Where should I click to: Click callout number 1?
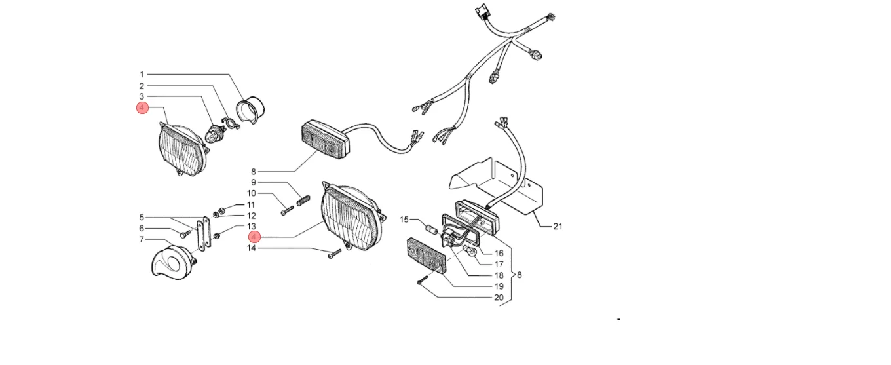pyautogui.click(x=142, y=75)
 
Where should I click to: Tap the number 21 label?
pyautogui.click(x=558, y=227)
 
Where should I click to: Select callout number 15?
pyautogui.click(x=404, y=220)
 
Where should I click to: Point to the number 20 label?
pyautogui.click(x=499, y=298)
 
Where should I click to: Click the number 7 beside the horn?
pyautogui.click(x=142, y=239)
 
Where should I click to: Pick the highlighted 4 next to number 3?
pyautogui.click(x=142, y=108)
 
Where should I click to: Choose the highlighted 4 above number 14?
pyautogui.click(x=254, y=237)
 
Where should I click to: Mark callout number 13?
pyautogui.click(x=252, y=227)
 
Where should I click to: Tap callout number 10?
pyautogui.click(x=252, y=193)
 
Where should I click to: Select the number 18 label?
pyautogui.click(x=499, y=275)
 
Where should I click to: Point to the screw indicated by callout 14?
pyautogui.click(x=335, y=254)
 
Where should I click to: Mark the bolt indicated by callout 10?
pyautogui.click(x=287, y=210)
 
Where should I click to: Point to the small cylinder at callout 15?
pyautogui.click(x=432, y=229)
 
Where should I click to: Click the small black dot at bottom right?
pyautogui.click(x=618, y=319)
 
